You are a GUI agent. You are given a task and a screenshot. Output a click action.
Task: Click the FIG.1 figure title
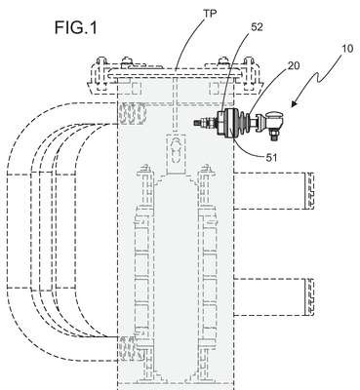(75, 27)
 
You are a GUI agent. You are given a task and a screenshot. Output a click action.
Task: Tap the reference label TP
(211, 14)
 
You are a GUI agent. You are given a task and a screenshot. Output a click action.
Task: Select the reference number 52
(257, 27)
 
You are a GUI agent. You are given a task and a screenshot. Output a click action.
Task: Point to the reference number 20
(293, 66)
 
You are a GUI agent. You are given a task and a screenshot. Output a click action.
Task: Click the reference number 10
(347, 49)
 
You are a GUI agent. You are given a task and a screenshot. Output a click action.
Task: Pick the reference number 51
(270, 158)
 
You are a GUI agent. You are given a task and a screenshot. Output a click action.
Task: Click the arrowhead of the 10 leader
(295, 103)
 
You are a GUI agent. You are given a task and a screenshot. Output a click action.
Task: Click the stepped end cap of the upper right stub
(309, 190)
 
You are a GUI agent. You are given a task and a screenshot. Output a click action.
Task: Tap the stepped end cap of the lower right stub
(309, 297)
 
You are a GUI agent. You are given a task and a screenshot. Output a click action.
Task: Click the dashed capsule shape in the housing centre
(176, 150)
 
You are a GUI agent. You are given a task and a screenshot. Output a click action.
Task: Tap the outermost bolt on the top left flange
(101, 74)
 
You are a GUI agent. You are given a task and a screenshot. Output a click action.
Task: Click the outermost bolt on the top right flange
(249, 74)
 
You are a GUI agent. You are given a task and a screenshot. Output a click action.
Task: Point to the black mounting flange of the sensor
(225, 124)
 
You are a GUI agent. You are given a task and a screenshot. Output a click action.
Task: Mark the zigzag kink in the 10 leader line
(318, 77)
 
